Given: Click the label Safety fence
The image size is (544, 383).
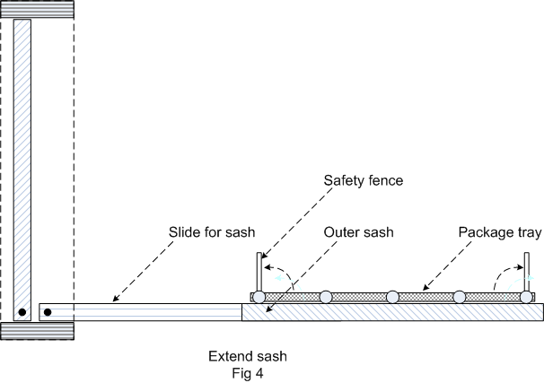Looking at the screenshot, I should coord(363,180).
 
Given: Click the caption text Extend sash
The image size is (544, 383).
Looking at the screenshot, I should coord(247,356).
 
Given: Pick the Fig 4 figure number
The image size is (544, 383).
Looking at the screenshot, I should coord(247,371).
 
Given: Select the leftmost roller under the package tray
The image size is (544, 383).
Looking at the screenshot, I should coord(259,296).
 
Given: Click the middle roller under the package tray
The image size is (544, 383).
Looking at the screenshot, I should coord(392,296).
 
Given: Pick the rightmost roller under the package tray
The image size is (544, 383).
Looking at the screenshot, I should coord(526,296).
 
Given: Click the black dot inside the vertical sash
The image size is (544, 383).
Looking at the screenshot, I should coord(22,312).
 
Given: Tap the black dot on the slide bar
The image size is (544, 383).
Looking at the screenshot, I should coord(48,312).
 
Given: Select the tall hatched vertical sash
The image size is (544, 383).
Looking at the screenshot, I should coord(22,161).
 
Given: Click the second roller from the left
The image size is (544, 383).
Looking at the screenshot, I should coord(326,296).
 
